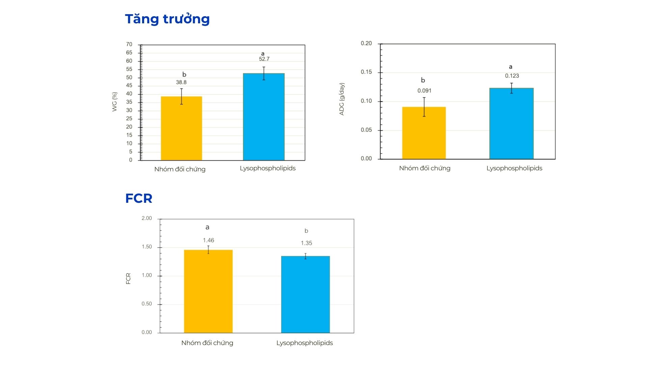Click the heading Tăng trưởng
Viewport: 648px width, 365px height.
point(167,19)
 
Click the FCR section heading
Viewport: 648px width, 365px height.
point(139,198)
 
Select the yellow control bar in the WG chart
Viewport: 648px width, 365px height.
point(181,128)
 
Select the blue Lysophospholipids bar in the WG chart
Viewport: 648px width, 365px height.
point(264,117)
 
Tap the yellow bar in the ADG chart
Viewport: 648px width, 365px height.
point(424,133)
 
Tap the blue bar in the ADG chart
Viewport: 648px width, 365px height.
point(511,123)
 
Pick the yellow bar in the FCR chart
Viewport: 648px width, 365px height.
point(208,291)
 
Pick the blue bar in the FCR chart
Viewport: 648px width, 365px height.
point(305,294)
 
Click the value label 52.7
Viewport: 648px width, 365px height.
point(264,59)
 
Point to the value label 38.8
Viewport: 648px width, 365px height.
point(181,82)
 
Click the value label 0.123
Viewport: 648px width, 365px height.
point(512,76)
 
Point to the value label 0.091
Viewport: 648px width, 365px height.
point(424,91)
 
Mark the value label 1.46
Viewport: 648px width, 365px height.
point(208,240)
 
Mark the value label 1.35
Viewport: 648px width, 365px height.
point(306,243)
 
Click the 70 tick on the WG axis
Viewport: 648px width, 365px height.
point(129,45)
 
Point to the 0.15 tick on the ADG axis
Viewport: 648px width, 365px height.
point(366,72)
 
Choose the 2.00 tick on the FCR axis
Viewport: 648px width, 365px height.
point(147,218)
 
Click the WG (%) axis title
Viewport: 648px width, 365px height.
point(115,102)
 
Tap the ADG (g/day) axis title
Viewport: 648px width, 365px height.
point(342,99)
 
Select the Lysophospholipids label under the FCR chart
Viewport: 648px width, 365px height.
point(304,343)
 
